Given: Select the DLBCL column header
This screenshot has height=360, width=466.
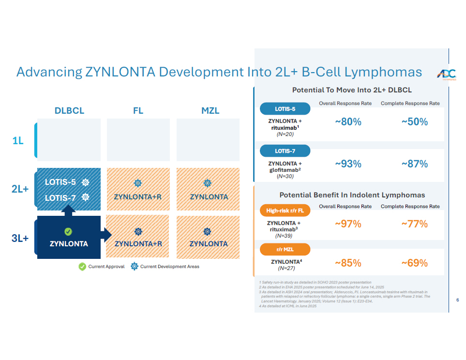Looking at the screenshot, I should [x=69, y=111].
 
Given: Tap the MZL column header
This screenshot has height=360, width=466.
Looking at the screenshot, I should [x=210, y=111].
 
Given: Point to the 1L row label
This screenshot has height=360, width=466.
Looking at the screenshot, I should [x=18, y=141].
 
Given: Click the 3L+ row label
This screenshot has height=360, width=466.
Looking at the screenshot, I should [x=20, y=238].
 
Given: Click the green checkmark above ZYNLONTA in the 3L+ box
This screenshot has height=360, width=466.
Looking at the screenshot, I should [x=68, y=232].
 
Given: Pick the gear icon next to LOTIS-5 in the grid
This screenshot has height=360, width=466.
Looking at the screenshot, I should [x=86, y=182].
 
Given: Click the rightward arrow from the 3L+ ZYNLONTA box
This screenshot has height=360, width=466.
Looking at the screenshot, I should [x=106, y=235].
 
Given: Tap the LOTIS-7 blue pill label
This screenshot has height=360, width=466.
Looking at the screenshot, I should [x=285, y=151].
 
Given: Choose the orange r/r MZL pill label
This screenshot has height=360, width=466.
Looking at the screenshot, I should [x=285, y=250].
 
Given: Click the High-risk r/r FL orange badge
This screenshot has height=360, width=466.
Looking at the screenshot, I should [x=285, y=210].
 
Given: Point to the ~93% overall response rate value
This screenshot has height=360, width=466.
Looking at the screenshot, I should [x=348, y=164].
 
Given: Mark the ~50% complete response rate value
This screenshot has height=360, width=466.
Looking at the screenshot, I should [x=414, y=122].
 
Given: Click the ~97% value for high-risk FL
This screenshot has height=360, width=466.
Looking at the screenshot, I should [x=348, y=224].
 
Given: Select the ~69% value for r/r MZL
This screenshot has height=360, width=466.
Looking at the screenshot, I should [x=414, y=263].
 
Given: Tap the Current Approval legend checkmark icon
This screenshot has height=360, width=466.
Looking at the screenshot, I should [x=82, y=267].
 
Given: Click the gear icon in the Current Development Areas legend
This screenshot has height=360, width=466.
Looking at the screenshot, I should [x=134, y=267].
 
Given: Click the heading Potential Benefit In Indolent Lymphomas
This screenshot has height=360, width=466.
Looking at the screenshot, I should [x=352, y=195].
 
